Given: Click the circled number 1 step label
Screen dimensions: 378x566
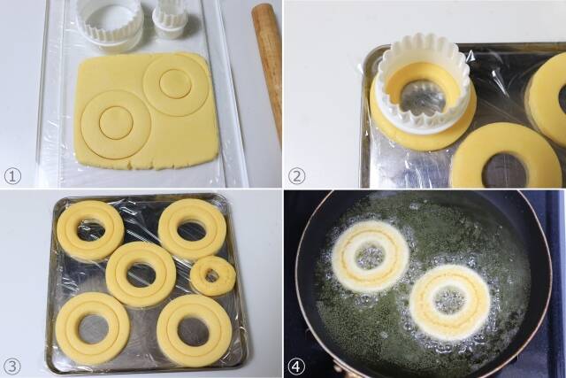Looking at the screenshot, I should [x=12, y=175].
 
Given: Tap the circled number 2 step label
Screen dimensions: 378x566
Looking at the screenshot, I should [x=296, y=175].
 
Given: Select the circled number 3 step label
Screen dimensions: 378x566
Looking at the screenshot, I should [x=12, y=364].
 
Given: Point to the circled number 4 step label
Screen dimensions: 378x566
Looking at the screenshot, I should [x=296, y=364].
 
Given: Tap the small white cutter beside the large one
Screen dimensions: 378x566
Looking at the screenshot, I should [x=170, y=19].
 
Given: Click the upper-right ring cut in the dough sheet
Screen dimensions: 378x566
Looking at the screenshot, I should [x=175, y=84].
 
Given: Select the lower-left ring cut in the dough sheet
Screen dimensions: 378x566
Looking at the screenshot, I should [x=116, y=123].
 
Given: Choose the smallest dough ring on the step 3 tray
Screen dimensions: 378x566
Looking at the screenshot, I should [x=213, y=275].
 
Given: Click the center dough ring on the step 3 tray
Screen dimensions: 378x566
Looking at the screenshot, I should [x=141, y=274].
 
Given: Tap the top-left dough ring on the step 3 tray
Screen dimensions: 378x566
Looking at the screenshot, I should [x=90, y=230].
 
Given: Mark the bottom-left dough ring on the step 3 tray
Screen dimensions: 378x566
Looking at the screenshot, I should [x=93, y=328].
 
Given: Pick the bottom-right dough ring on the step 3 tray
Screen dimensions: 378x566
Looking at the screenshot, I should [x=194, y=329].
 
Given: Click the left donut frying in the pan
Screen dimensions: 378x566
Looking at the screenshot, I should [x=370, y=257].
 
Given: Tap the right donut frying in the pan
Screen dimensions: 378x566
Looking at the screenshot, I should [x=449, y=301].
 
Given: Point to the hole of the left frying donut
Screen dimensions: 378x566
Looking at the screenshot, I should [x=370, y=257].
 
